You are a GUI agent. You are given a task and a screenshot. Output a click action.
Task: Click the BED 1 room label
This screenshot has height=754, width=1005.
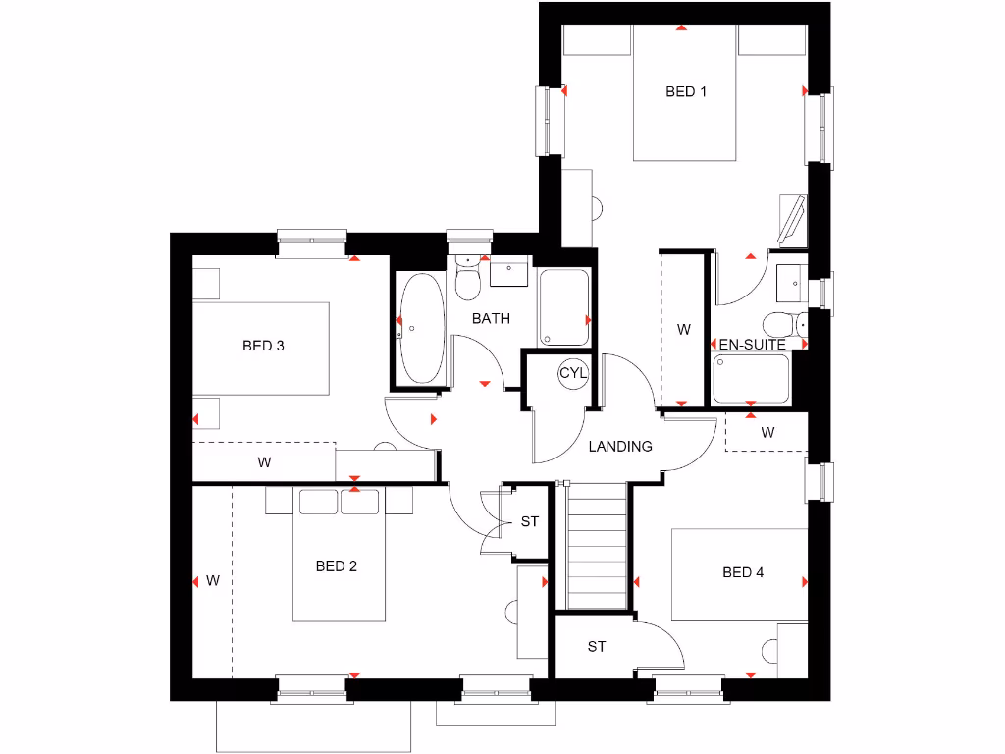686,92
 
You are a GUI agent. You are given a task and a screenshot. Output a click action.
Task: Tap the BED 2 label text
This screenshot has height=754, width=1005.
336,566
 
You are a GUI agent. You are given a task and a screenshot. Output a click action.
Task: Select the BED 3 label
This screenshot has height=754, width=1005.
263,346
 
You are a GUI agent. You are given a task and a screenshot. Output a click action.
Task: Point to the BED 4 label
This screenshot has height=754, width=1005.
743,572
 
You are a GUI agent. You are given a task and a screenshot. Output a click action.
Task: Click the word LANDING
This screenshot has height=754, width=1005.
620,447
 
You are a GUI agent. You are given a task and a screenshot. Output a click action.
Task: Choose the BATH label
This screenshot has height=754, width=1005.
491,318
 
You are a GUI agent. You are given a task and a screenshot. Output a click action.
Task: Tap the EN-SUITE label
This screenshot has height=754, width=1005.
753,346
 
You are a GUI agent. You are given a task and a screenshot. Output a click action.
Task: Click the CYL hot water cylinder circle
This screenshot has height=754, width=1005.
573,373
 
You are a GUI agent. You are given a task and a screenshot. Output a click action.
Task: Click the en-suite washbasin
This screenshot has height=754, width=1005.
791,283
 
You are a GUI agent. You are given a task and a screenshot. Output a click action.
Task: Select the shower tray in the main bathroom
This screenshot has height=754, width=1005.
564,306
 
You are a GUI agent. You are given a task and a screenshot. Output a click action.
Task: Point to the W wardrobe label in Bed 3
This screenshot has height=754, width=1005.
264,462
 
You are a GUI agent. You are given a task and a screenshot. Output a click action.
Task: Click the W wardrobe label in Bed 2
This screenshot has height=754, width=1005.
212,580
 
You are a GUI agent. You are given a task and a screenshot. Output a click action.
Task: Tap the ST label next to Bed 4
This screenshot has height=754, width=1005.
597,647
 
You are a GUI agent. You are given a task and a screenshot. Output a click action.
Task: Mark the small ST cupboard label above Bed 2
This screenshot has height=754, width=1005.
530,521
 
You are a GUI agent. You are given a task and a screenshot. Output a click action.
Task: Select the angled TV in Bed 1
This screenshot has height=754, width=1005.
790,221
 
